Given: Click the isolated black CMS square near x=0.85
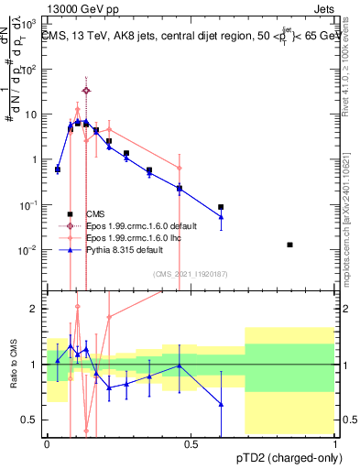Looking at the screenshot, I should click(x=290, y=245).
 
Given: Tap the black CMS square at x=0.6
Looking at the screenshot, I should click(x=221, y=207).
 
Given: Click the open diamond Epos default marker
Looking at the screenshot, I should click(x=86, y=91).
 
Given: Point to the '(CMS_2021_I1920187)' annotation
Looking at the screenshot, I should click(x=191, y=273).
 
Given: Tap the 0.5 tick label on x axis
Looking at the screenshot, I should click(x=191, y=444).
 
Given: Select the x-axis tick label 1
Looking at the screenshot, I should click(x=334, y=444).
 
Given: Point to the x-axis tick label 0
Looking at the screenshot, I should click(x=48, y=444).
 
